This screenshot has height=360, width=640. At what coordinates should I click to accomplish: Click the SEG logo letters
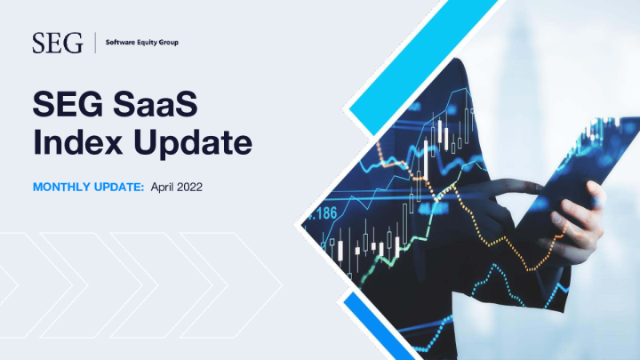tap(57, 42)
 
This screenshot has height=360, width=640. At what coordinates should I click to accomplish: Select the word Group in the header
tap(170, 42)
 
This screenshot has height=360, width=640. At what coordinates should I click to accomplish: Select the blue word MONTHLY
tap(61, 188)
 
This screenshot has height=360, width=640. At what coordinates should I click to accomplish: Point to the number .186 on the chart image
tap(322, 213)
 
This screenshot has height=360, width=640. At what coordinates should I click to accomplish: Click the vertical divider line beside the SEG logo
tap(93, 42)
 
